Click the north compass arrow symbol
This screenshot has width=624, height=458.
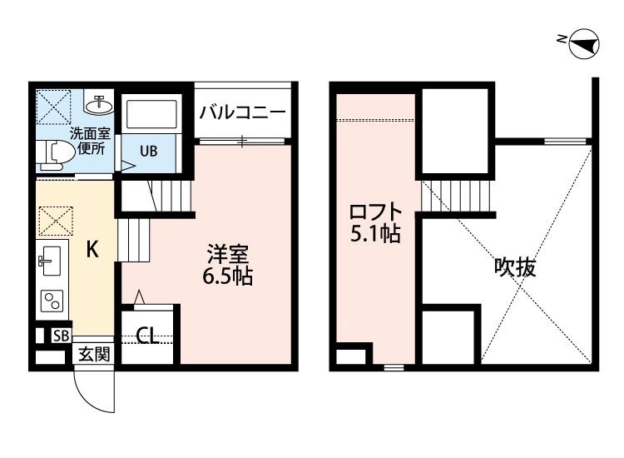pos(582,43)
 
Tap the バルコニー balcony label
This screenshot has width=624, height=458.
pos(242,112)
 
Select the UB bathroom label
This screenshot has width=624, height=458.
pos(148,151)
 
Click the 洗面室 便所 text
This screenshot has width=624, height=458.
pos(89,140)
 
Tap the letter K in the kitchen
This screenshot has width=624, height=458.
pos(94,248)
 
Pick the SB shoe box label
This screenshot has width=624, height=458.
pos(61,336)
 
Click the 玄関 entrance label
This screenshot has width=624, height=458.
pos(94,354)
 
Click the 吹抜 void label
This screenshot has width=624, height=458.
pos(515,267)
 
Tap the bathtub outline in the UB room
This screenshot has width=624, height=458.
pos(151,115)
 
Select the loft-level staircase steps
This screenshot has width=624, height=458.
pos(457,197)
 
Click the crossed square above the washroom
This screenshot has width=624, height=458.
pos(53,107)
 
